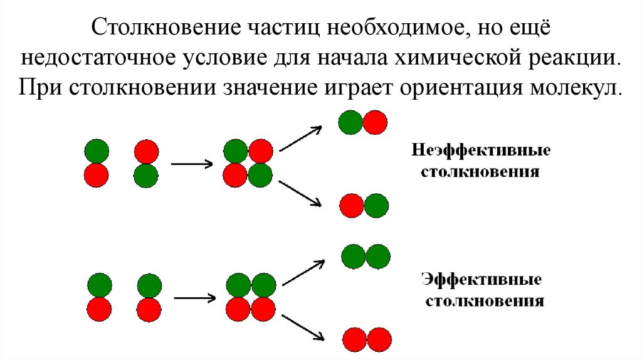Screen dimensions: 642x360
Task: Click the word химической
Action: pos(454,58)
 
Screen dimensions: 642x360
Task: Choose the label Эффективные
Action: pos(481,278)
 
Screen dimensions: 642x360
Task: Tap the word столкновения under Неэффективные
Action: pos(481,171)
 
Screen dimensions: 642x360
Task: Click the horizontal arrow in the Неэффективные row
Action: pos(191,164)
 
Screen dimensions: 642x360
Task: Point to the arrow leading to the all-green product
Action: pos(303,271)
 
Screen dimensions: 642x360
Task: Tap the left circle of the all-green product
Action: pos(354,256)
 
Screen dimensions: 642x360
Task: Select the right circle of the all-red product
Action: pos(379,339)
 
